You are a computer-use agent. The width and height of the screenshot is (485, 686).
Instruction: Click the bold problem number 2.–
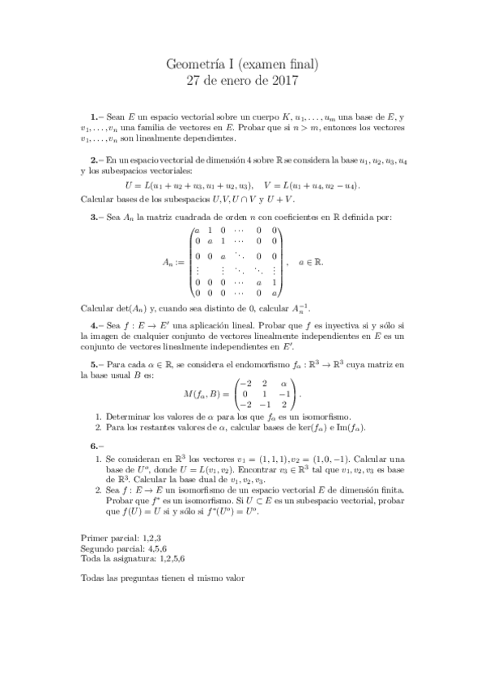[x=95, y=162]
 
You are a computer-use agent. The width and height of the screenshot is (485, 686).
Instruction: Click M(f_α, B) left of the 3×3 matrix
[x=206, y=394]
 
